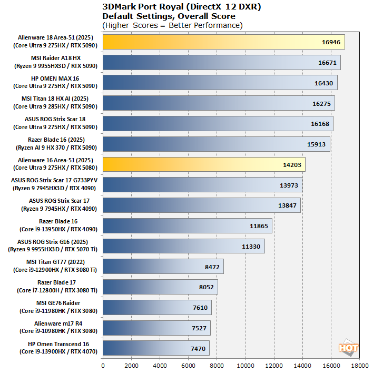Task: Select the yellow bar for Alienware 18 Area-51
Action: [x=223, y=42]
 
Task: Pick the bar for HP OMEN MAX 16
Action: [x=220, y=83]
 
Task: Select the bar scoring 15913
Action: [x=216, y=144]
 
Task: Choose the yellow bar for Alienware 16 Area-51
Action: [x=204, y=165]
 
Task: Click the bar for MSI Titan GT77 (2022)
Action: [x=163, y=267]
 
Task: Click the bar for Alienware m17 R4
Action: [x=156, y=328]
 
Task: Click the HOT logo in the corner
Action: [x=348, y=348]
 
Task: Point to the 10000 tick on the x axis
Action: [x=246, y=365]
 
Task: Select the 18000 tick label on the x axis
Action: [x=359, y=365]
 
